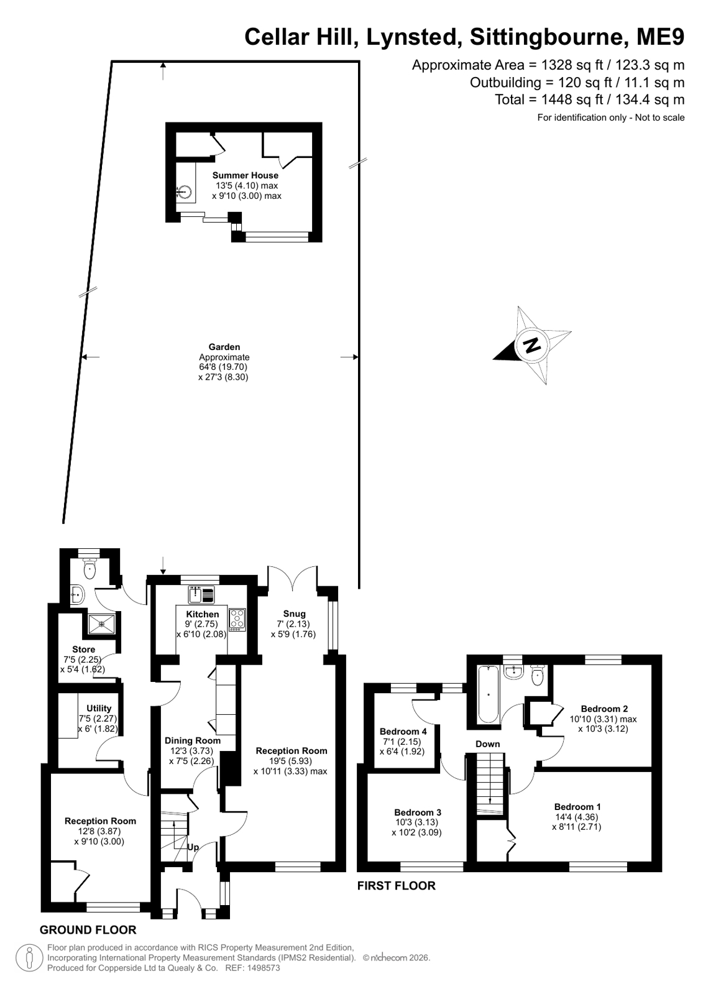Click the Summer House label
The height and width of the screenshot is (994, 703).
(245, 175)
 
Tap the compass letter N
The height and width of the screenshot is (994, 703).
(532, 345)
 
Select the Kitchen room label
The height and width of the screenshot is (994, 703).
(203, 614)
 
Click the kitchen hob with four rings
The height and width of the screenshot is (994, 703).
(237, 620)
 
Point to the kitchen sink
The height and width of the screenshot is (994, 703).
(201, 594)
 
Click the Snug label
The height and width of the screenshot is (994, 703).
(294, 614)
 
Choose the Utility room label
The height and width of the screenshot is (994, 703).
(99, 708)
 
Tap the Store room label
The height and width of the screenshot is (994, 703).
(83, 649)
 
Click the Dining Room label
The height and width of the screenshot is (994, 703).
(193, 740)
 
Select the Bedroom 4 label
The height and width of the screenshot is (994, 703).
(403, 731)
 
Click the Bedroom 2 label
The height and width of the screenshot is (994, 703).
(604, 709)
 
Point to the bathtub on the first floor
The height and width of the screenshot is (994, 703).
(488, 694)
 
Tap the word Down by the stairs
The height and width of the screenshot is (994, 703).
(488, 744)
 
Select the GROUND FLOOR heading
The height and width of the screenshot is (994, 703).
(88, 929)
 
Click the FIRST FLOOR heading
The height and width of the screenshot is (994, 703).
(397, 886)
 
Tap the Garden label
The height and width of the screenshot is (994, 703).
(224, 347)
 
